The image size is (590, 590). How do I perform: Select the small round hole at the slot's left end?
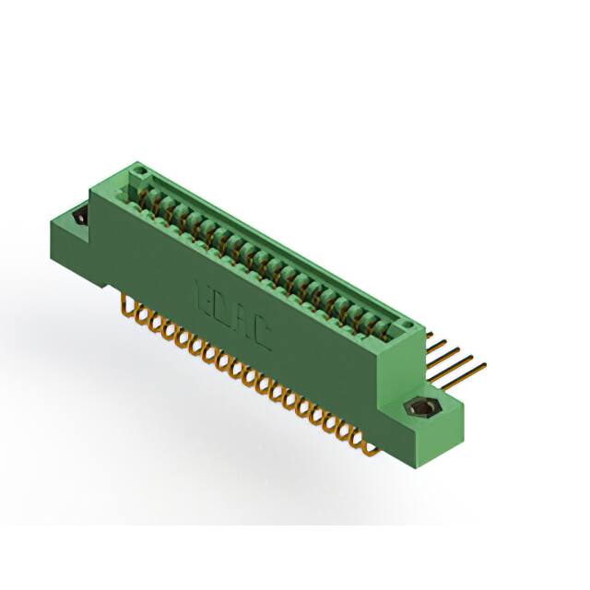(x=138, y=172)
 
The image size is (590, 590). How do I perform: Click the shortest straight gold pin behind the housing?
(x=432, y=336)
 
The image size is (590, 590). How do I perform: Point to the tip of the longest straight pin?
(x=485, y=365)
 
